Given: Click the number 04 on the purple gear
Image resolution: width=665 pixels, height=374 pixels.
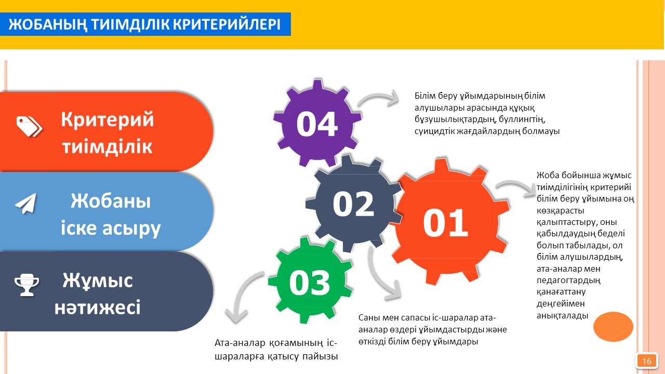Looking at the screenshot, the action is point(317,124).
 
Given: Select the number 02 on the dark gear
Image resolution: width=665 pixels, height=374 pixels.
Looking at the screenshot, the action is point(353,204).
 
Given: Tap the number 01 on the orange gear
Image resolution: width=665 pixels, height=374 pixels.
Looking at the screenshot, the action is point(445,223).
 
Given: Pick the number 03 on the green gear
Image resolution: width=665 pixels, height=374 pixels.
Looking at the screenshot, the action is point(310,282).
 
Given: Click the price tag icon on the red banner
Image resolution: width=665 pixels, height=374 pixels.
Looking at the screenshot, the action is point(29,126).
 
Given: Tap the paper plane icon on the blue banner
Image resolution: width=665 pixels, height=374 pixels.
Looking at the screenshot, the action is point(26,204).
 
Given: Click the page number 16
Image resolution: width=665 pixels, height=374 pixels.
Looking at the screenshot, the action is point(647,361).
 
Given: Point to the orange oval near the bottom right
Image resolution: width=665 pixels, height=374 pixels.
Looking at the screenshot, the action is point(613,327).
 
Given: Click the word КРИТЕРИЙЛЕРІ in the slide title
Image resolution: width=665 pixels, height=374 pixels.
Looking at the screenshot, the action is point(227,24).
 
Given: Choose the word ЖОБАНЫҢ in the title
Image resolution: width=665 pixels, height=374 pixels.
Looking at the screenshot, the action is point(48,24).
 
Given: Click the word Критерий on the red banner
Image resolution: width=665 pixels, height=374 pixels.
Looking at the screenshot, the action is point(108,119).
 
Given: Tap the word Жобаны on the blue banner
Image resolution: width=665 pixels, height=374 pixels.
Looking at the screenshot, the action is point(111,201).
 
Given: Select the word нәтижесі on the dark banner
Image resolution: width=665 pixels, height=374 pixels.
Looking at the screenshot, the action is point(97,307).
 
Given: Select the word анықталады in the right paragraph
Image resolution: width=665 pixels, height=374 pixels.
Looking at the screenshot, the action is point(562,315).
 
